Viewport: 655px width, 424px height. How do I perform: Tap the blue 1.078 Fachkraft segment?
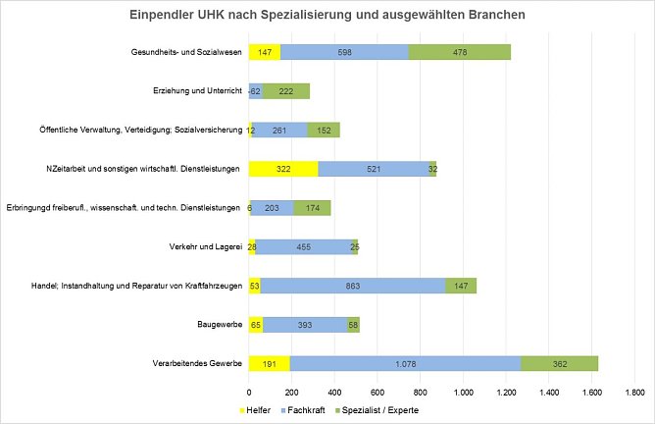(x=405, y=362)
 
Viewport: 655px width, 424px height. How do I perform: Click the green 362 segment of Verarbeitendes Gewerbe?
(x=559, y=362)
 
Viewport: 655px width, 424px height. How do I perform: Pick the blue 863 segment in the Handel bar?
(x=353, y=286)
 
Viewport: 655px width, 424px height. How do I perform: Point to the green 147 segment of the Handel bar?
(x=461, y=286)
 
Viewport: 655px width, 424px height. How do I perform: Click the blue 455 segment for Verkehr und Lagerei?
(x=304, y=246)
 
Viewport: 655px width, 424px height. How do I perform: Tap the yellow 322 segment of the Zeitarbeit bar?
(x=283, y=169)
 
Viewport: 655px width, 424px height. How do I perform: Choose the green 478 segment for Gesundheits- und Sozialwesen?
(x=460, y=52)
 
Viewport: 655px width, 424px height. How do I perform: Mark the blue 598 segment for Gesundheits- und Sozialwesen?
(x=344, y=52)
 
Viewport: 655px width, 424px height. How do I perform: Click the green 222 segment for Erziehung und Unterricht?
(x=286, y=91)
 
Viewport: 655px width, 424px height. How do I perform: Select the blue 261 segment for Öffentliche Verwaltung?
(x=279, y=130)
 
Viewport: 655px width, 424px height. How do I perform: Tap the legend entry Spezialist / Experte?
(x=378, y=408)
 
